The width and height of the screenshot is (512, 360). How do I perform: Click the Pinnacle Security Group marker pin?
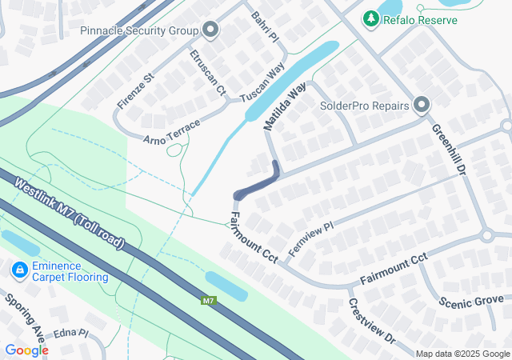click(211, 31)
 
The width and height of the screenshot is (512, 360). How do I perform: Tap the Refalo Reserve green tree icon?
click(370, 18)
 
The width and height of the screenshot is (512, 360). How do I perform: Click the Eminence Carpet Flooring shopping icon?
click(19, 271)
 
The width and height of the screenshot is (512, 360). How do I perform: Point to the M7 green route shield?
click(208, 301)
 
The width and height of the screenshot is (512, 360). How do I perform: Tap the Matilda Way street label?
click(286, 110)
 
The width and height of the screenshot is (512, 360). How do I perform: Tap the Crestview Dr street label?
click(372, 322)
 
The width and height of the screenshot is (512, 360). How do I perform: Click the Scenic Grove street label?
click(471, 302)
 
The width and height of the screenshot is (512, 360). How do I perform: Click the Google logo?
click(26, 350)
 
